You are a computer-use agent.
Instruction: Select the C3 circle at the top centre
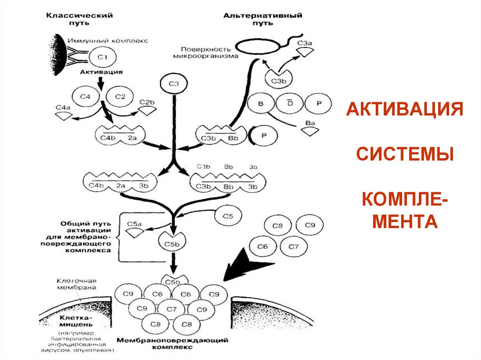point(174,84)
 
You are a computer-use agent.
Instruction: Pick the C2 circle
point(120,97)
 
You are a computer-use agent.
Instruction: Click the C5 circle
point(228,217)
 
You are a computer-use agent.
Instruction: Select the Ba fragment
point(310,129)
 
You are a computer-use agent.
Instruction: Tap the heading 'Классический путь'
point(79,19)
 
